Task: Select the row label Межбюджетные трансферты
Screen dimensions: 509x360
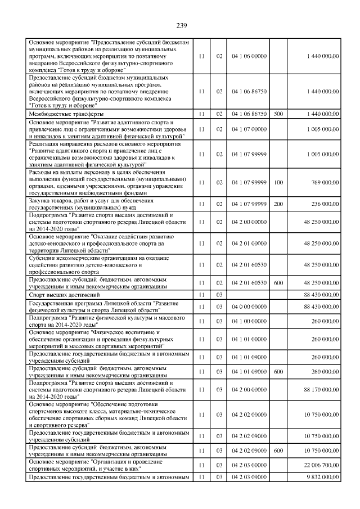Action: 62,114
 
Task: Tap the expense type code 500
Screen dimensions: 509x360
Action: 278,114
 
